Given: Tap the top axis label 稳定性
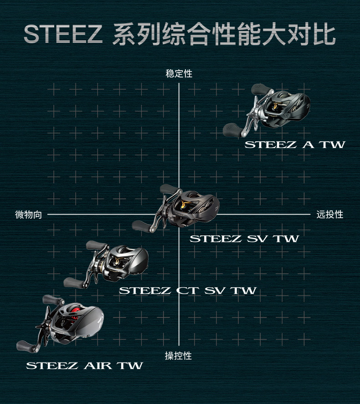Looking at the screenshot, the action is [179, 74].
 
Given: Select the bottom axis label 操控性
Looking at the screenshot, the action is [178, 356].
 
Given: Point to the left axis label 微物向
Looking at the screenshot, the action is [28, 214].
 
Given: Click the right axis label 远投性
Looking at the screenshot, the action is [330, 214].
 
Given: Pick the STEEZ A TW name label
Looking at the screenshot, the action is [295, 145].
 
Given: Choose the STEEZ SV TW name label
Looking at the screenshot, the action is [244, 238].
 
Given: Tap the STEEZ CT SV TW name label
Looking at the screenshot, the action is [187, 290].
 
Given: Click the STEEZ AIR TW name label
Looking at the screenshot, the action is [84, 365].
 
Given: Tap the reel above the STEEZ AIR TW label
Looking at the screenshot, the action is [64, 323].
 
